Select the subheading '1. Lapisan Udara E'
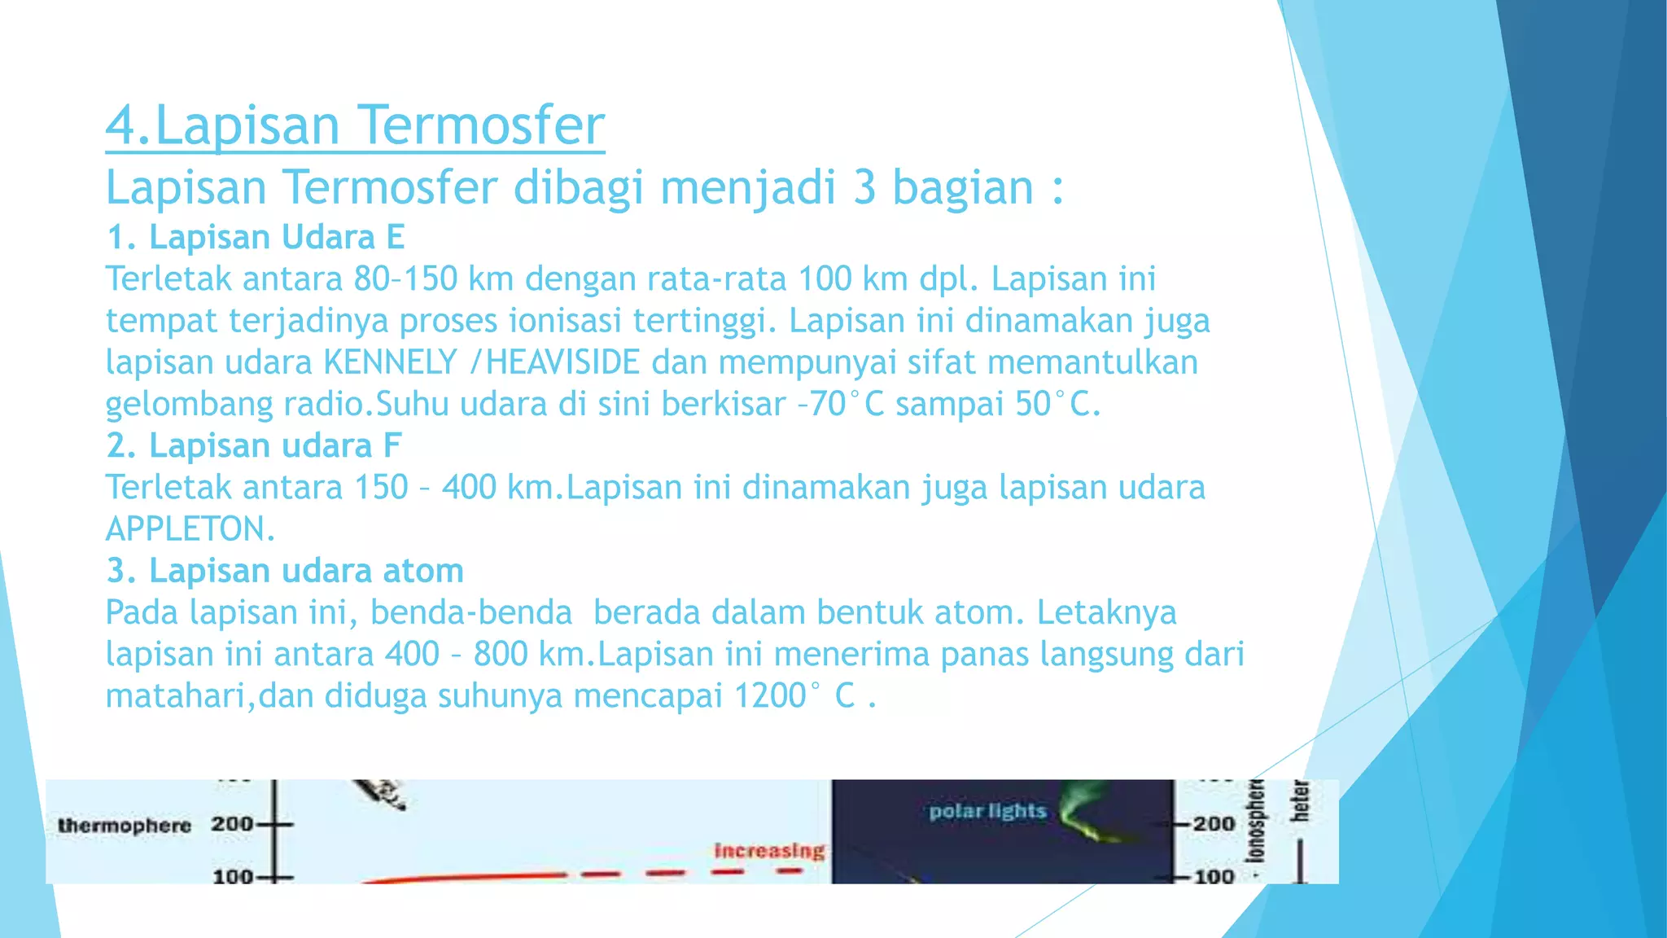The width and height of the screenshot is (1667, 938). [x=256, y=237]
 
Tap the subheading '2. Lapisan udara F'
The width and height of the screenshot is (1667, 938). [x=254, y=445]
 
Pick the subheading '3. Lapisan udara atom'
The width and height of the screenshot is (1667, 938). [x=285, y=570]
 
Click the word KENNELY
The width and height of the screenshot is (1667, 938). [x=391, y=362]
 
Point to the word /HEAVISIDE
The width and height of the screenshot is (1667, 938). [x=556, y=362]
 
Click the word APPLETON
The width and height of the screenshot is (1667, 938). [x=190, y=529]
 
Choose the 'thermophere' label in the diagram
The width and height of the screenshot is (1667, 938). [x=125, y=826]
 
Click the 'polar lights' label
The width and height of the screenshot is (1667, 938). [x=987, y=811]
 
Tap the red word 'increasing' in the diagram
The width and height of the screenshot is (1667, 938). [x=769, y=851]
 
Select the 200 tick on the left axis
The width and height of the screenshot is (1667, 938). [x=233, y=824]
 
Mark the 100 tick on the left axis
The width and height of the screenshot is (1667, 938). [x=233, y=877]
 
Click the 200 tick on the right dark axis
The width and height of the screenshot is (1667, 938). [x=1213, y=824]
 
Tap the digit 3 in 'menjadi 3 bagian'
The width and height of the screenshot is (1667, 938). [x=864, y=187]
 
